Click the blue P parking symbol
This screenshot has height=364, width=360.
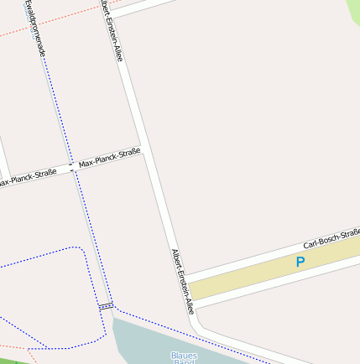[x=300, y=262]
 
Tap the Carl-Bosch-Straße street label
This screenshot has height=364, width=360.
[x=331, y=235]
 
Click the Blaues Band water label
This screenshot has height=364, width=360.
[x=183, y=357]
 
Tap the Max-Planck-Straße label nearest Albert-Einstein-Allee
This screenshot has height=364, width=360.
[x=109, y=158]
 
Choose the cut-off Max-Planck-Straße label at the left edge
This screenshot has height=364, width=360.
[x=27, y=177]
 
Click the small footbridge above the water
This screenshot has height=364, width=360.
[x=107, y=306]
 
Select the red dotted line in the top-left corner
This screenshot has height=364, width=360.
[x=25, y=30]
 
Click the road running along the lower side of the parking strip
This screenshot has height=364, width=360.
[x=277, y=286]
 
